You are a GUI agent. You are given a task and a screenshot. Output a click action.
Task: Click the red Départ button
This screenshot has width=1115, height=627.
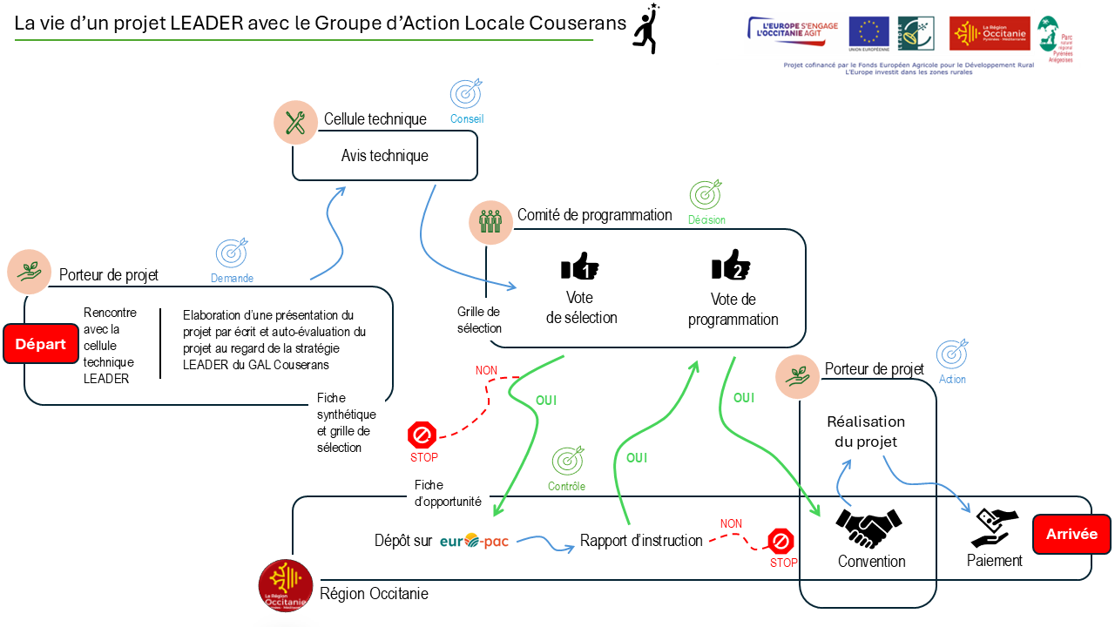click(41, 344)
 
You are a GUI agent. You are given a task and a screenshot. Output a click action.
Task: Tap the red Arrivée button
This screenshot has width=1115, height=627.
click(1071, 534)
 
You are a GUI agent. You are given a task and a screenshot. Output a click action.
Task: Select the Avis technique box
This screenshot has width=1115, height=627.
click(384, 156)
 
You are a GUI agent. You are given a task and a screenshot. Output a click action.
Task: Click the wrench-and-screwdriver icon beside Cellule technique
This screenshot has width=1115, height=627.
click(295, 123)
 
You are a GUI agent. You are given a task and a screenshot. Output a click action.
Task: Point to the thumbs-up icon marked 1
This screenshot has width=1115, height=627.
click(579, 266)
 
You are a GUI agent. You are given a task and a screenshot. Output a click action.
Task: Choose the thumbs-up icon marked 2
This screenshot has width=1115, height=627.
click(731, 265)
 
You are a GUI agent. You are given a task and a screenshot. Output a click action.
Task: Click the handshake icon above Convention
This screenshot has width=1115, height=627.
click(868, 527)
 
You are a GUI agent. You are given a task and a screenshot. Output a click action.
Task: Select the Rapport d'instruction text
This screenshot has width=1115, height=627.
click(641, 541)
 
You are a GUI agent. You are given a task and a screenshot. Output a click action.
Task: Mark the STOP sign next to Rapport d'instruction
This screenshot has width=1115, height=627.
click(780, 542)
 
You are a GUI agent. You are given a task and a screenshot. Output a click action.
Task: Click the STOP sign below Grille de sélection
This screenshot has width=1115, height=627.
click(422, 435)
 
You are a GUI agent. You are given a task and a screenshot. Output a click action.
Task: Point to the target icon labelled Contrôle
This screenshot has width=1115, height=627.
click(568, 460)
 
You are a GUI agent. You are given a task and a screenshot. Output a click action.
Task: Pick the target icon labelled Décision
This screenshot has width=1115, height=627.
click(706, 194)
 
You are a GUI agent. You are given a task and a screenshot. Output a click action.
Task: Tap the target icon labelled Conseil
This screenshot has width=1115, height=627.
click(466, 93)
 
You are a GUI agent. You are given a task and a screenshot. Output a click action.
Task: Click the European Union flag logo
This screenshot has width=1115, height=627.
click(868, 32)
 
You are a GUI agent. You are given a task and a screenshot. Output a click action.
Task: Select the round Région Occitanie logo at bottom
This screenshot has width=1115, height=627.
click(286, 585)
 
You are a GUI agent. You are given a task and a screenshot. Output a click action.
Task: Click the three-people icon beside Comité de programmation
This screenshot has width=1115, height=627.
click(490, 222)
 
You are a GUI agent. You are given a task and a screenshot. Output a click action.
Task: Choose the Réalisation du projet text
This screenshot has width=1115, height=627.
click(866, 432)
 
